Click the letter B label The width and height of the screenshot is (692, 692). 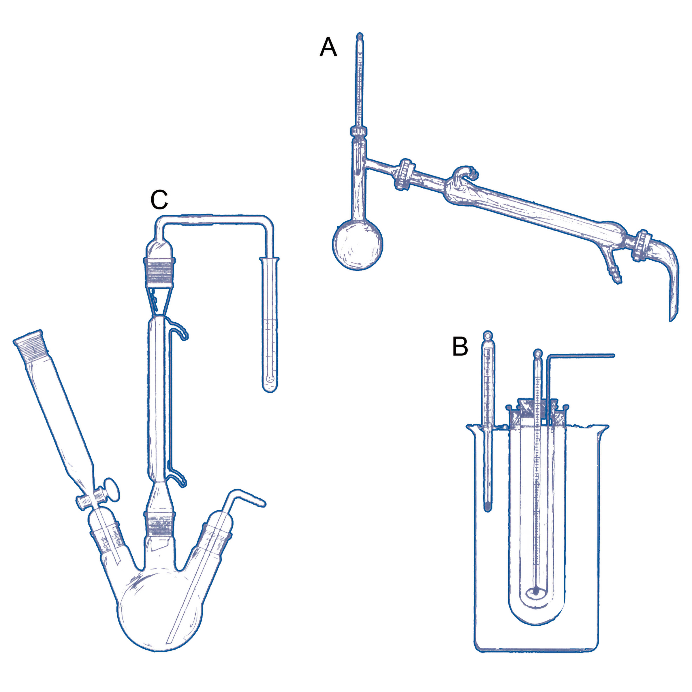tap(460, 346)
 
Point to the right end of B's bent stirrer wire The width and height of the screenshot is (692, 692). tap(613, 356)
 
